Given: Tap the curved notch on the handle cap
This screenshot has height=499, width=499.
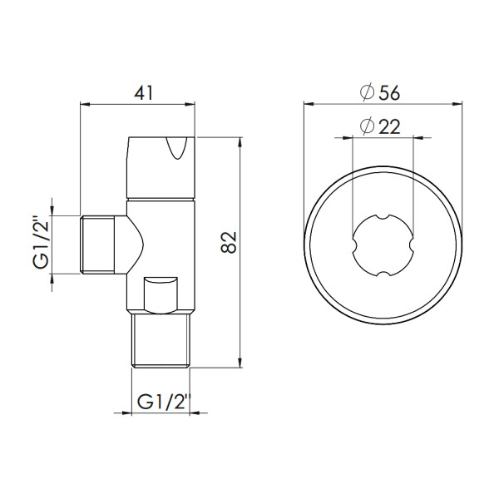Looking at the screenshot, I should (178, 150).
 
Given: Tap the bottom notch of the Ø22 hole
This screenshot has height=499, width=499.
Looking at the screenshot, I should (382, 274).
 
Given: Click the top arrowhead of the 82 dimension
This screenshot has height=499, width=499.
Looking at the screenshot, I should (242, 141).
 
